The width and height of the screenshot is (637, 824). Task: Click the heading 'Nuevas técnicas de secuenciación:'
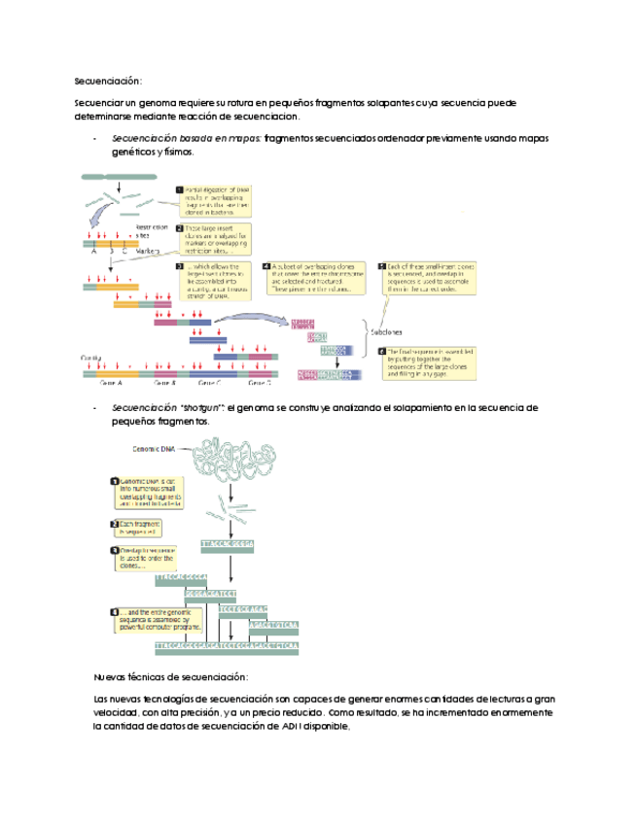[170, 676]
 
